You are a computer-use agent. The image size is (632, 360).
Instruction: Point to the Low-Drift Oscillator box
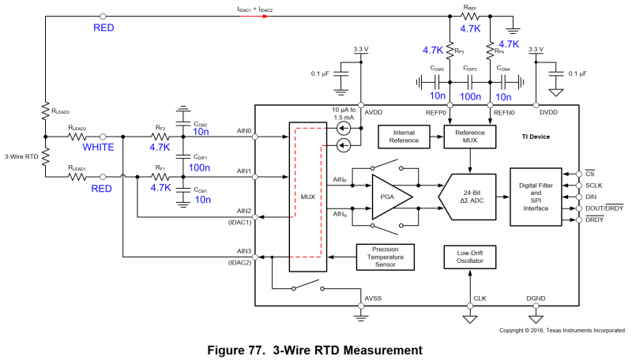(x=470, y=257)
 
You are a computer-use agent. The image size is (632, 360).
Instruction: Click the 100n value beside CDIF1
(x=198, y=168)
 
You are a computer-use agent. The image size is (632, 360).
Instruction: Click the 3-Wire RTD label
(x=21, y=156)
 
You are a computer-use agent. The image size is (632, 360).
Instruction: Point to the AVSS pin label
(x=373, y=298)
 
